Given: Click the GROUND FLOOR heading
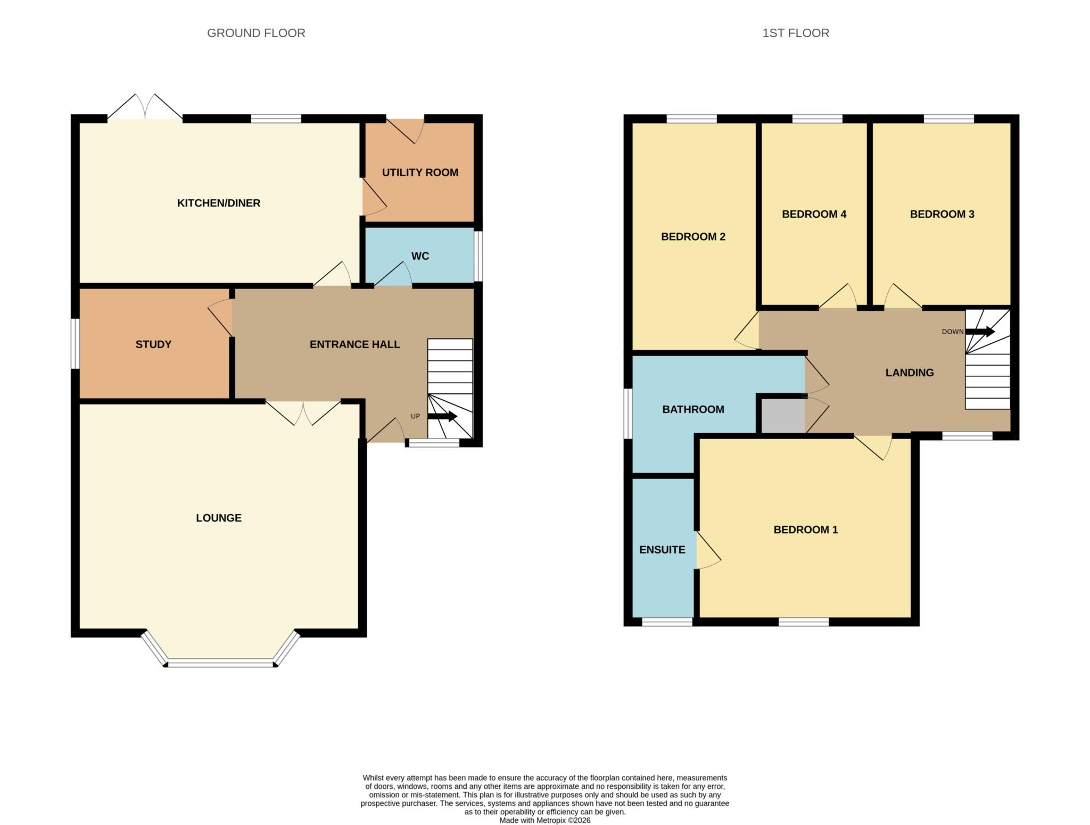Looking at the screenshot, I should pos(256,33).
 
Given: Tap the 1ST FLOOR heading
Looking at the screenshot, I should pos(795,33).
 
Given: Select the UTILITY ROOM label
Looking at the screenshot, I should pos(420,172).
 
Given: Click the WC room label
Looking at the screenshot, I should pos(420,256).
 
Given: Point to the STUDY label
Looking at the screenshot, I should pos(153,344).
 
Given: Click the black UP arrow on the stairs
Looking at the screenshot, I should pos(442,416).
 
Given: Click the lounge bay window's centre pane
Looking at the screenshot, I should pos(220,663).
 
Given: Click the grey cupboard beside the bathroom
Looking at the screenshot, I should pos(782,416).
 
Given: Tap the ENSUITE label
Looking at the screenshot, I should pos(662,550).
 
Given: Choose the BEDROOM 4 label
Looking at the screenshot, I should pos(814,214).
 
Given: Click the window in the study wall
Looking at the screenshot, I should pos(76,343).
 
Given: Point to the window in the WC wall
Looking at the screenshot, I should pos(478,255).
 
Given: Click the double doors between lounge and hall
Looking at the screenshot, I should pos(303,412).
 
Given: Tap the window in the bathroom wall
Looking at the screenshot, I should pos(628,414).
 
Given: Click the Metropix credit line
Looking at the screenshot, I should pos(544,820).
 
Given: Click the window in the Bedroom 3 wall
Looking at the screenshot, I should pos(948,119).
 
